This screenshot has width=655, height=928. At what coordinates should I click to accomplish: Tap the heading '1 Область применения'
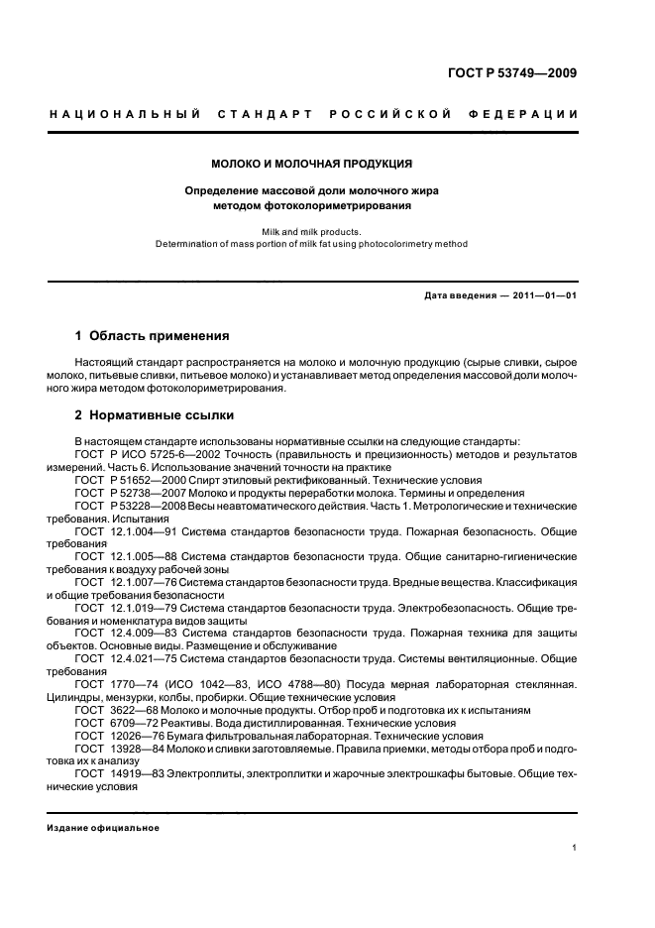[153, 336]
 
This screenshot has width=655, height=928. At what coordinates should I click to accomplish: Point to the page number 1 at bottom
[575, 848]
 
